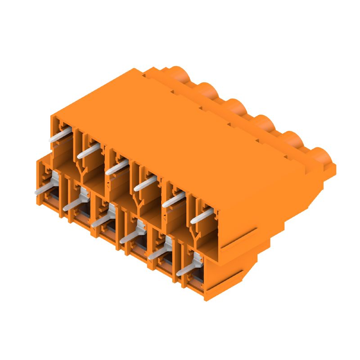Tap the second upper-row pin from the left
pyautogui.click(x=88, y=150)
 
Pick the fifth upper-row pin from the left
pyautogui.click(x=173, y=200)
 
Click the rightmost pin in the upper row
pyautogui.click(x=201, y=216)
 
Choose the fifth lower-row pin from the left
pyautogui.click(x=159, y=252)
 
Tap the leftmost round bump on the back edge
pyautogui.click(x=180, y=74)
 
